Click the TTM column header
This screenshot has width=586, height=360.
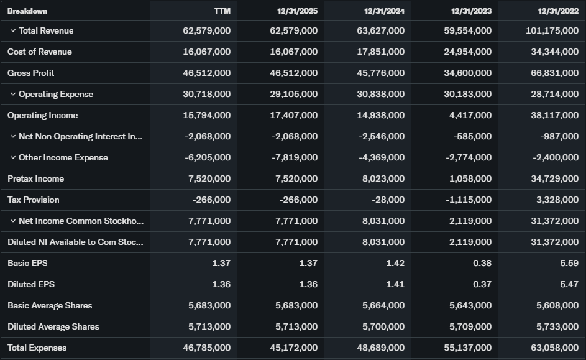coord(222,11)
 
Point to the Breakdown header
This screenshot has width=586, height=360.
coord(27,11)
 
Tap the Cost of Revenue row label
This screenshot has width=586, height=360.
coord(40,52)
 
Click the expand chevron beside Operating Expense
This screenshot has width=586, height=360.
coord(12,95)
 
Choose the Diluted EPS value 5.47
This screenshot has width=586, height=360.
coord(569,285)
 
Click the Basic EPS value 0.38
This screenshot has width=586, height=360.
coord(482,264)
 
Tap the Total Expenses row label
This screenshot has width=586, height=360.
coord(37,348)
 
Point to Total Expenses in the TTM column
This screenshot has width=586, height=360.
coord(207,348)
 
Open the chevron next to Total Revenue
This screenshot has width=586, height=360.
coord(12,31)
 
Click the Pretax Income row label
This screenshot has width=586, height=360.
coord(36,179)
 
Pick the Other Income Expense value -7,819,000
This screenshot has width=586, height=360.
coord(295,158)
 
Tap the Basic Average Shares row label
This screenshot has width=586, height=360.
coord(50,306)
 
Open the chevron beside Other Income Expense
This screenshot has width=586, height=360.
coord(12,158)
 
